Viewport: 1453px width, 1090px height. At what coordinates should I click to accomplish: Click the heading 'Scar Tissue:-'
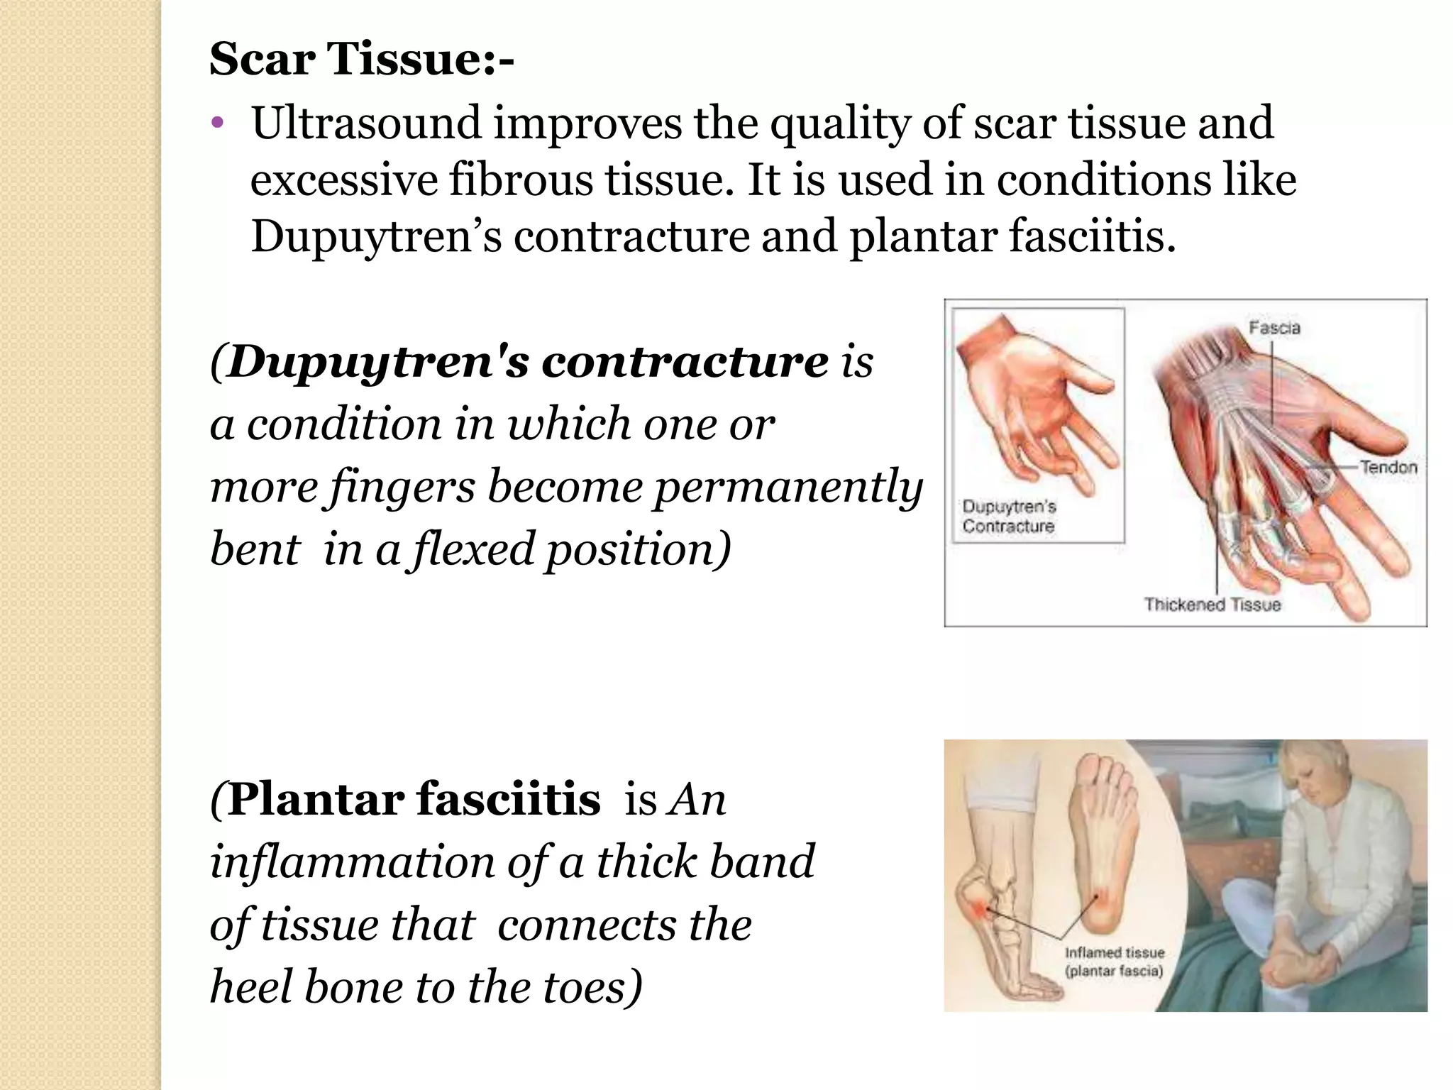pyautogui.click(x=362, y=59)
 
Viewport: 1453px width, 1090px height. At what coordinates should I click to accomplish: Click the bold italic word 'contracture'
pyautogui.click(x=684, y=362)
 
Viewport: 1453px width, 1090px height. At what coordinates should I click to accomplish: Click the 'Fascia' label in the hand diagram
pyautogui.click(x=1274, y=328)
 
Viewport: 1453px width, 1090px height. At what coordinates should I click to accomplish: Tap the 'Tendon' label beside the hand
pyautogui.click(x=1388, y=468)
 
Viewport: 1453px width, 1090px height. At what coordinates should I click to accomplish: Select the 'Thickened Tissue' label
pyautogui.click(x=1212, y=605)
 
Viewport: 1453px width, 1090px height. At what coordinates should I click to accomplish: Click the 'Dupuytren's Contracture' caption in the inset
pyautogui.click(x=1009, y=517)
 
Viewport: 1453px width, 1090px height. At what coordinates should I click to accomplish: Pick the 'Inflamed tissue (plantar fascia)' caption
pyautogui.click(x=1114, y=962)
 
